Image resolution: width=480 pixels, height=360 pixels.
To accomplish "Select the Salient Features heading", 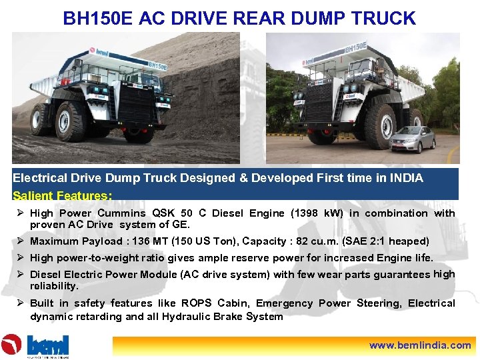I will [x=62, y=196].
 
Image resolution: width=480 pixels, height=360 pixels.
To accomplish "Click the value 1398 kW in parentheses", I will [x=318, y=213].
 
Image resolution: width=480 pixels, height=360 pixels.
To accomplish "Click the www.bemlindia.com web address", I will [x=420, y=345].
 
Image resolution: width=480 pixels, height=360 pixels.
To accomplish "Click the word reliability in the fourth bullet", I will [x=54, y=286].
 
